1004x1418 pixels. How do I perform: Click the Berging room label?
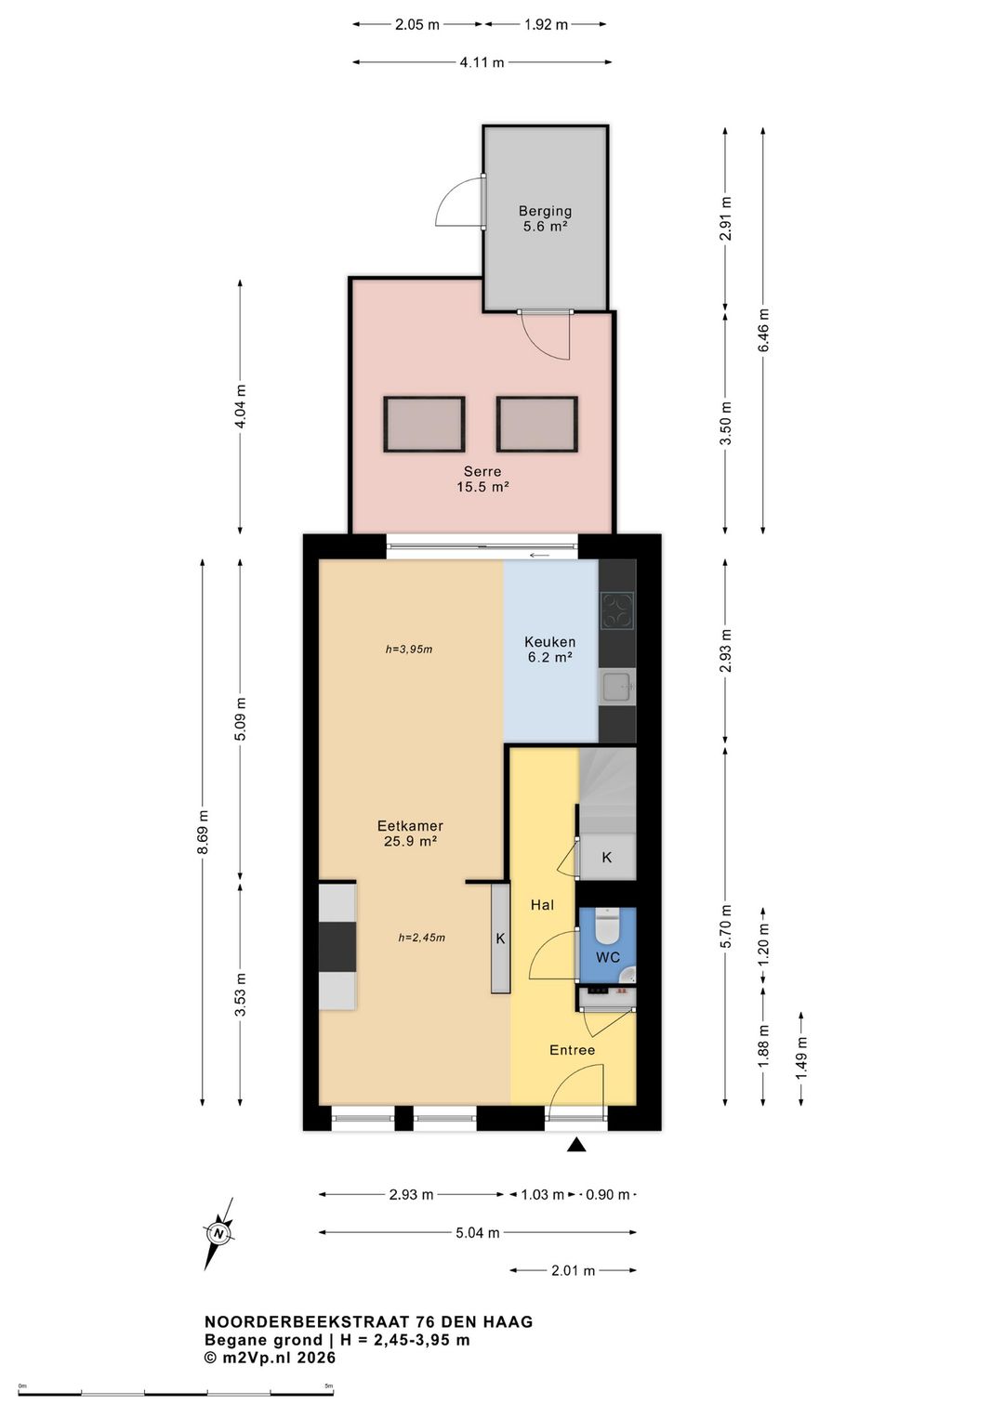pyautogui.click(x=545, y=218)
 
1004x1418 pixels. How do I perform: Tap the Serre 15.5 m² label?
pyautogui.click(x=482, y=479)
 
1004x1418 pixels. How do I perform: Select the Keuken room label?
pyautogui.click(x=549, y=650)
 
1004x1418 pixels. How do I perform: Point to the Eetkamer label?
pyautogui.click(x=410, y=834)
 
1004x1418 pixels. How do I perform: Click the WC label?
pyautogui.click(x=607, y=957)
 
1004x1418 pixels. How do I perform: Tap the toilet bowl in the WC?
pyautogui.click(x=607, y=925)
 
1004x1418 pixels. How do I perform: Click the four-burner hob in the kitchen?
pyautogui.click(x=616, y=611)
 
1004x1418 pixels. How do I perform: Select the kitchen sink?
pyautogui.click(x=615, y=686)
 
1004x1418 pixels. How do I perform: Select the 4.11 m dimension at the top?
pyautogui.click(x=482, y=62)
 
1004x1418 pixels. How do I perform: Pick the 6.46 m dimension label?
pyautogui.click(x=762, y=330)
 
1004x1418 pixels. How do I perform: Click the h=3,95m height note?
pyautogui.click(x=408, y=649)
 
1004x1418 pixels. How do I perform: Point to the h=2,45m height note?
pyautogui.click(x=421, y=938)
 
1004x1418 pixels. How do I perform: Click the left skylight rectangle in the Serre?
pyautogui.click(x=424, y=424)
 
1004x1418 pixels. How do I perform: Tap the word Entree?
pyautogui.click(x=572, y=1050)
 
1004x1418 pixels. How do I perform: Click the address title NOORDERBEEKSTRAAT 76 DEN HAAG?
pyautogui.click(x=368, y=1321)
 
